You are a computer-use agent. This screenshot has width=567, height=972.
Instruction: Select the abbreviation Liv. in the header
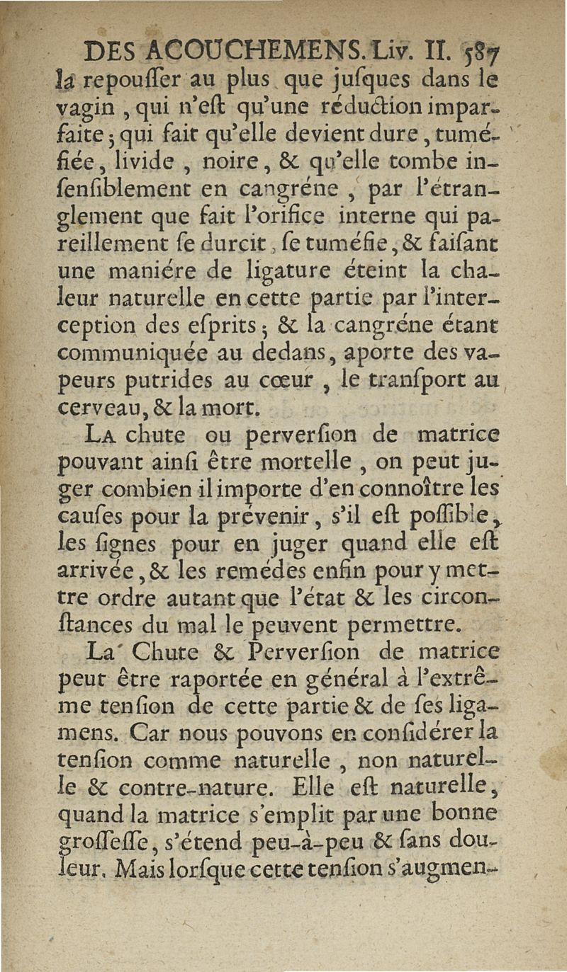tap(386, 51)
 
